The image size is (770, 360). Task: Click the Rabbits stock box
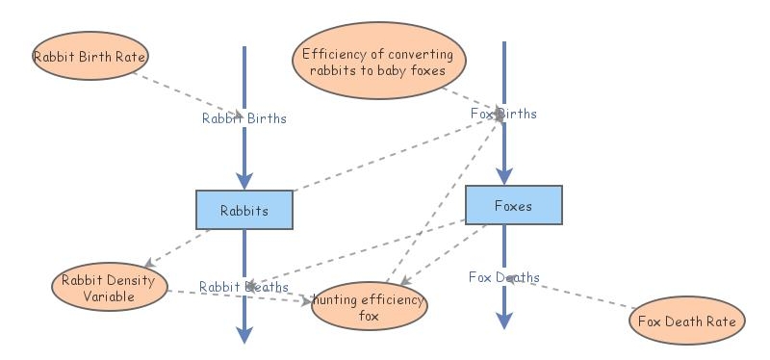(x=244, y=209)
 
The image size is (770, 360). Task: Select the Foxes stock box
(x=512, y=205)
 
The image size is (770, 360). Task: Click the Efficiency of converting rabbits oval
(x=377, y=61)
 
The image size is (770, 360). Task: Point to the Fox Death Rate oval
(x=686, y=321)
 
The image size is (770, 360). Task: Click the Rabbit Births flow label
(x=244, y=118)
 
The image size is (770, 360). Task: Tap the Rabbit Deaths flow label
(x=244, y=287)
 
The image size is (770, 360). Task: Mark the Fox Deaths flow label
(x=503, y=277)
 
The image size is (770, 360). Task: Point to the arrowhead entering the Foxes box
(x=502, y=176)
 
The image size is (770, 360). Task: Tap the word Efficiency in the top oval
(x=333, y=54)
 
